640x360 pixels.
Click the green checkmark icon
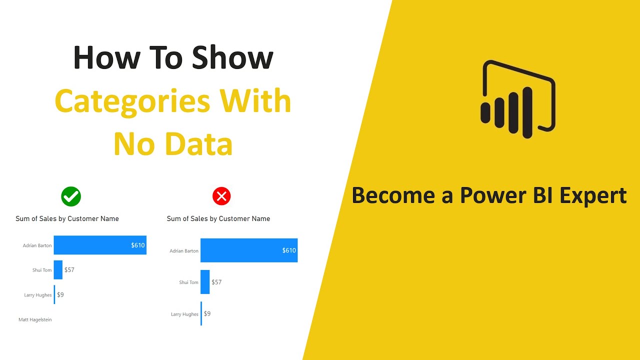pyautogui.click(x=71, y=196)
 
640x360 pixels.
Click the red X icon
pyautogui.click(x=221, y=196)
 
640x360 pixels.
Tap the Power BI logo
pyautogui.click(x=518, y=99)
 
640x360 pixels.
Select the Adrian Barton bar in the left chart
pyautogui.click(x=99, y=245)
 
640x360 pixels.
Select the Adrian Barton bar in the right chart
pyautogui.click(x=248, y=250)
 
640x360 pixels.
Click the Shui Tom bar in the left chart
pyautogui.click(x=58, y=269)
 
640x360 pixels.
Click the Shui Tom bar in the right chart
pyautogui.click(x=205, y=282)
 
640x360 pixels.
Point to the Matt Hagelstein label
pyautogui.click(x=35, y=319)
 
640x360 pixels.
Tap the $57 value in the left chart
pyautogui.click(x=69, y=269)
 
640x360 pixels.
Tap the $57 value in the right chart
pyautogui.click(x=216, y=282)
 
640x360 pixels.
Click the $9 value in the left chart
pyautogui.click(x=60, y=294)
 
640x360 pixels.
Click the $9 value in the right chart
pyautogui.click(x=207, y=313)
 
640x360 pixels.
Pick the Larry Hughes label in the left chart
pyautogui.click(x=37, y=295)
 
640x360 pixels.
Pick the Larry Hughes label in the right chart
pyautogui.click(x=184, y=314)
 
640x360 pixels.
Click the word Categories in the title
pyautogui.click(x=131, y=101)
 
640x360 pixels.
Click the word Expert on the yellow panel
pyautogui.click(x=593, y=195)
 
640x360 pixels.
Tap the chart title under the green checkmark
pyautogui.click(x=67, y=218)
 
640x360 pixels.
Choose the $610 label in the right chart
pyautogui.click(x=289, y=250)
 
